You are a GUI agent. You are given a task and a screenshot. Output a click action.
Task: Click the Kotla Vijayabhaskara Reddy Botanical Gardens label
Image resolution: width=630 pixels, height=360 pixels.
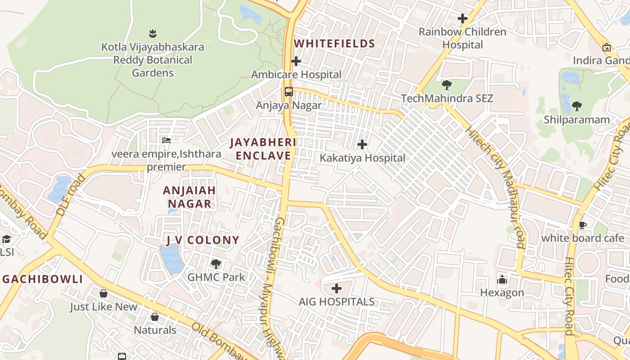(153, 60)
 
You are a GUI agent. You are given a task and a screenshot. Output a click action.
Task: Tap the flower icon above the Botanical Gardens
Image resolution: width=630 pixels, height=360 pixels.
(153, 33)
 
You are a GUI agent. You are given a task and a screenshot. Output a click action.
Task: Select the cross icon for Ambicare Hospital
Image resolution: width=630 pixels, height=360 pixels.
(296, 61)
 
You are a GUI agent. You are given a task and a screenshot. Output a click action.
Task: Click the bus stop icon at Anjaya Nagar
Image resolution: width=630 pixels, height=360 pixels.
(289, 92)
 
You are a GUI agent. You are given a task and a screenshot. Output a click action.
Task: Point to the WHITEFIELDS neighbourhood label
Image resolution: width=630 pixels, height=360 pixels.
(334, 44)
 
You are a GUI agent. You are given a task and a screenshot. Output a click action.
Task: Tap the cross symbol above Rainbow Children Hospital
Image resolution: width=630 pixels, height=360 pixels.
(462, 18)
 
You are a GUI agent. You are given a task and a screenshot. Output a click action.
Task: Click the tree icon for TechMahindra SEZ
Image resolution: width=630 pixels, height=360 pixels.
(447, 85)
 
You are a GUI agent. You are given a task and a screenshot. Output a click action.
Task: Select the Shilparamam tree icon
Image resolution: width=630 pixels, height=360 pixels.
(576, 107)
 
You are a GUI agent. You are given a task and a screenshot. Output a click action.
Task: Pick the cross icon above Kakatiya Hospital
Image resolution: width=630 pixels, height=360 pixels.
(362, 144)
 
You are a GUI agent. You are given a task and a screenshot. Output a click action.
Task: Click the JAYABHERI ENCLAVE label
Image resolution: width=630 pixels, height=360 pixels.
(263, 149)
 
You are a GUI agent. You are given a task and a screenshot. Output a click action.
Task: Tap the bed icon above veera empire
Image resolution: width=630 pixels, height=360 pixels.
(166, 140)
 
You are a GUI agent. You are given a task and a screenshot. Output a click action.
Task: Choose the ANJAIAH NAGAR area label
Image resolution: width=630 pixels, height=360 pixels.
(189, 197)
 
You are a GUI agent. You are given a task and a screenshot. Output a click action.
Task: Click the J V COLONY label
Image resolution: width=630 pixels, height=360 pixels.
(202, 240)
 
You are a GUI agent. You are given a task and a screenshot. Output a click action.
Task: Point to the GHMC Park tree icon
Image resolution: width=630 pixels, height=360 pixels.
(216, 264)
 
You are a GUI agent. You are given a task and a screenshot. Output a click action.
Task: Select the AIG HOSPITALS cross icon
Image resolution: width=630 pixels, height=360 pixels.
(337, 288)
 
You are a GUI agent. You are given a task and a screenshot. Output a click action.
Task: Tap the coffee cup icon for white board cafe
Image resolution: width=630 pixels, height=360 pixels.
(583, 225)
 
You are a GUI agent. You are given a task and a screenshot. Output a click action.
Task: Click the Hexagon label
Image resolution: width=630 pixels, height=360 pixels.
(502, 292)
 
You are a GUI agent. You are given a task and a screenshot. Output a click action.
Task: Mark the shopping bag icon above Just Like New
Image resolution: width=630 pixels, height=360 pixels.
(103, 294)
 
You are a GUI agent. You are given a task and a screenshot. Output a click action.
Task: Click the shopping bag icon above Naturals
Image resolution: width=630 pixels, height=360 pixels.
(155, 317)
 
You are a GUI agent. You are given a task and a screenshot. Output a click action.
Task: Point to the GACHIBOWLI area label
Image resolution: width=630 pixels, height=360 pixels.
(43, 279)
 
